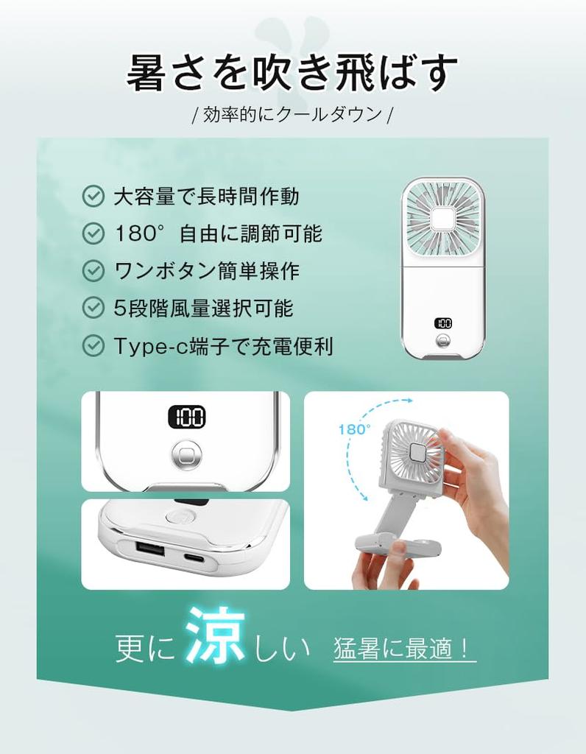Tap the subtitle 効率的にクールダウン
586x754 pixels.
[x=292, y=115]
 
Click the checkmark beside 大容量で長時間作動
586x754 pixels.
[x=93, y=196]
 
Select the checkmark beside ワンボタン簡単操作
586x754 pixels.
[x=93, y=270]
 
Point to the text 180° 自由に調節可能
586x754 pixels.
[x=219, y=233]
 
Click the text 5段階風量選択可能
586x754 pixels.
[x=203, y=308]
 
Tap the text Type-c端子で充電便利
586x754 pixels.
[x=223, y=345]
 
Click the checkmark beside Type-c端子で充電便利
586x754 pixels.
[x=93, y=345]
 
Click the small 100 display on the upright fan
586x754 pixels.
[x=443, y=323]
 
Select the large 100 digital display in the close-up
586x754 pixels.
[x=186, y=417]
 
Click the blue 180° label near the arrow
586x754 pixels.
[x=355, y=429]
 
